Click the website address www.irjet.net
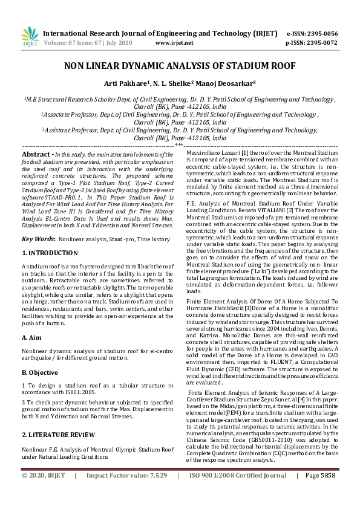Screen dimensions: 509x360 174,43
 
